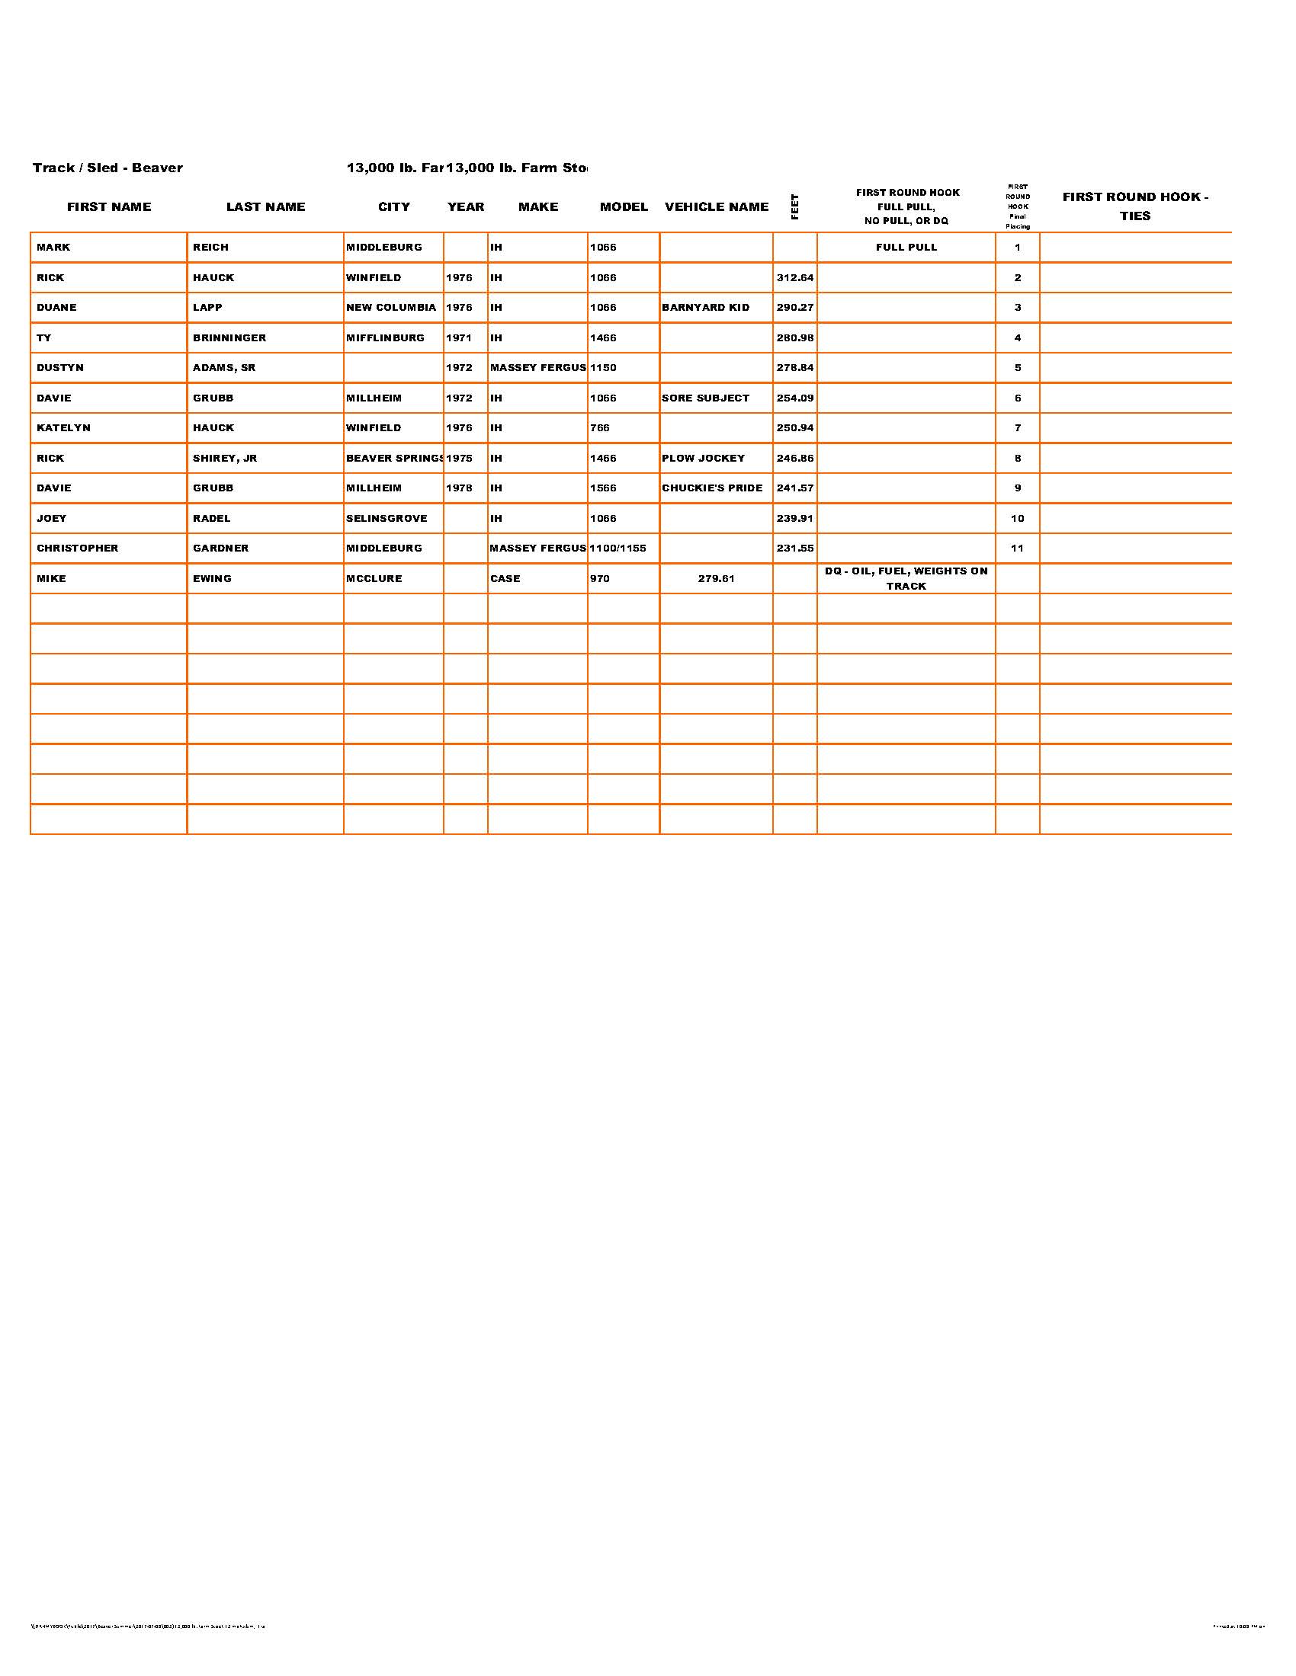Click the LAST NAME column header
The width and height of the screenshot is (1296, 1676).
coord(265,206)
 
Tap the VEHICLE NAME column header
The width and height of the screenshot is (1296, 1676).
coord(717,206)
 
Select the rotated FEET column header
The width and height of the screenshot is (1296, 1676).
coord(794,206)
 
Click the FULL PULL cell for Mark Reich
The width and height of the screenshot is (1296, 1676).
coord(906,247)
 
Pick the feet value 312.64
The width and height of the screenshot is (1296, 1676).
coord(794,278)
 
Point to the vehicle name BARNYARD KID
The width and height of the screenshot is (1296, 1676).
coord(705,308)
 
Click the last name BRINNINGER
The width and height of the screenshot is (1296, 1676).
coord(229,337)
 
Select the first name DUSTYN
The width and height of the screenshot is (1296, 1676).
coord(60,368)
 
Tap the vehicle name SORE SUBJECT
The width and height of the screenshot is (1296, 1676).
coord(705,398)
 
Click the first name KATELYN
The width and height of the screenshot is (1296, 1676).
coord(63,428)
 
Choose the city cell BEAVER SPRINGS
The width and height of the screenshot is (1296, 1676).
coord(394,458)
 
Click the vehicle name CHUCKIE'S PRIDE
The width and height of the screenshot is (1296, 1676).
coord(712,488)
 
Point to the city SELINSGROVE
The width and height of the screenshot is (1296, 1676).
coord(387,518)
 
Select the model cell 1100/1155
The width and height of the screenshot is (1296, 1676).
coord(618,548)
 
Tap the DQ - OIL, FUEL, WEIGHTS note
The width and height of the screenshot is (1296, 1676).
coord(906,579)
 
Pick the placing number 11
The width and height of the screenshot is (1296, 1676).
coord(1017,548)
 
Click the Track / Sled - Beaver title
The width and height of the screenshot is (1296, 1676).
coord(107,168)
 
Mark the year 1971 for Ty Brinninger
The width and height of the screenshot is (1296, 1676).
coord(459,337)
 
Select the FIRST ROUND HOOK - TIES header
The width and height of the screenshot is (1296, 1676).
coord(1135,206)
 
